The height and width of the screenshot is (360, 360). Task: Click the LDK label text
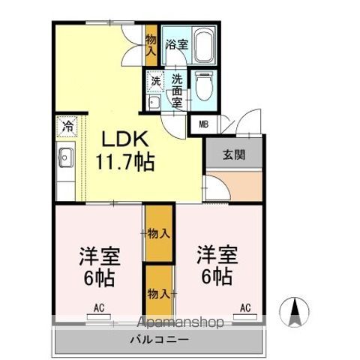124,139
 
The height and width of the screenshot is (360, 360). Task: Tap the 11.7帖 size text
124,161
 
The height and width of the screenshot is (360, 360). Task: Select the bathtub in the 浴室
204,45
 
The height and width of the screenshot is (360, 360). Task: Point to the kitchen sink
66,157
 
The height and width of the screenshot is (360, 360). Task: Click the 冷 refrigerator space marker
67,127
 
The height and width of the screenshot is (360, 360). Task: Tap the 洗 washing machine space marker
155,81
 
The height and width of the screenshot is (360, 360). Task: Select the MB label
203,124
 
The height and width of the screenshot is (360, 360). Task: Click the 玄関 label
234,155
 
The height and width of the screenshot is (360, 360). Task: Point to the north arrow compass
295,312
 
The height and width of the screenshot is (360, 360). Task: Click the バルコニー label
159,340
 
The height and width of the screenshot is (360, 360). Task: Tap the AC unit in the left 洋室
99,316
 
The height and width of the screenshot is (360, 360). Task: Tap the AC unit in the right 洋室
245,316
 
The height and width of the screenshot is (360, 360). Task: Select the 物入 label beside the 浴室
151,45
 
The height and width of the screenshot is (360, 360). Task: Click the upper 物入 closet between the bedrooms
159,233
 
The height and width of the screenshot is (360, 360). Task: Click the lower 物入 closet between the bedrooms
159,292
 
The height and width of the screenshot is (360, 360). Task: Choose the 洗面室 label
177,91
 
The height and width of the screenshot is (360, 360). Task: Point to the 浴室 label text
177,45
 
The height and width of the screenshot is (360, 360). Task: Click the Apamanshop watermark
181,322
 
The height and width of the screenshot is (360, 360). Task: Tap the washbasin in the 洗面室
154,102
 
